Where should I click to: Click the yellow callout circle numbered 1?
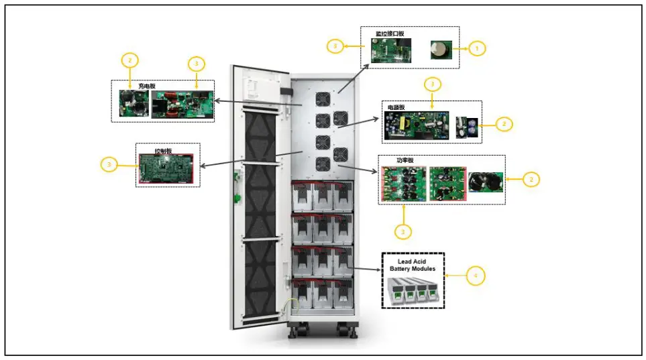pos(476,48)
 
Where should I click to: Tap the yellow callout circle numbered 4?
pos(475,276)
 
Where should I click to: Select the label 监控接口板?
pos(390,34)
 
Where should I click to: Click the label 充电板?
pos(147,86)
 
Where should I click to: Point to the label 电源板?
pos(397,107)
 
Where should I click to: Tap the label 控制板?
pos(164,151)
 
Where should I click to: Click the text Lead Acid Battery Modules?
pos(413,264)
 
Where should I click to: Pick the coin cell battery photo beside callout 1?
pos(441,48)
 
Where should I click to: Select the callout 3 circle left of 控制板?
pos(110,164)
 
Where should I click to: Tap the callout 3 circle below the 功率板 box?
pos(402,231)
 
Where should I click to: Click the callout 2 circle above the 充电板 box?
pos(129,60)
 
